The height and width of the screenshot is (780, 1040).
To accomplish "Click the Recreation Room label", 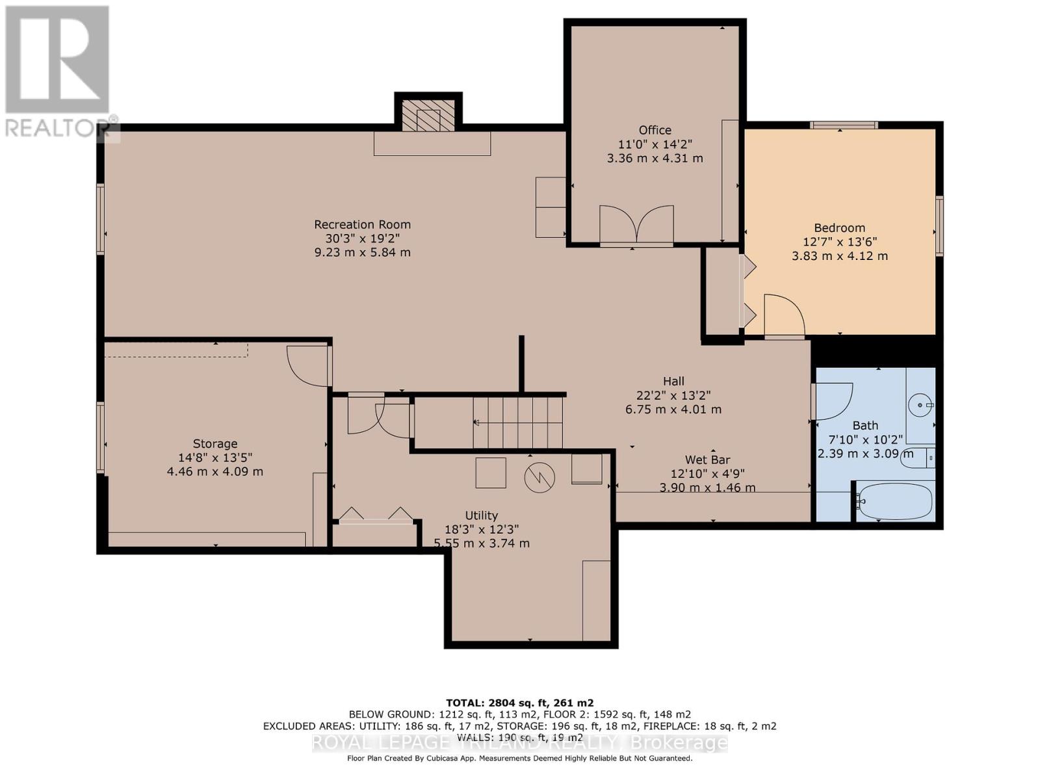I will pyautogui.click(x=362, y=224).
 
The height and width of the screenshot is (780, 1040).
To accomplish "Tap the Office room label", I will pyautogui.click(x=655, y=130).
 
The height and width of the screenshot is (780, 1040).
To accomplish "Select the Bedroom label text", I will pyautogui.click(x=839, y=227).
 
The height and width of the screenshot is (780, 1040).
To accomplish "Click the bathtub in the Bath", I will pyautogui.click(x=895, y=500).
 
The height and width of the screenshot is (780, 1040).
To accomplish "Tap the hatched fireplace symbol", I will pyautogui.click(x=428, y=117).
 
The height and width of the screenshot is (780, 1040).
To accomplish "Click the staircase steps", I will pyautogui.click(x=517, y=422).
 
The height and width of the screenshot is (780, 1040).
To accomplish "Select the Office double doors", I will pyautogui.click(x=636, y=224).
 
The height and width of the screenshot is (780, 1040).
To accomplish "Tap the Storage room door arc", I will pyautogui.click(x=307, y=365).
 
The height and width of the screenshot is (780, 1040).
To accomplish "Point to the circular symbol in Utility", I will pyautogui.click(x=540, y=478).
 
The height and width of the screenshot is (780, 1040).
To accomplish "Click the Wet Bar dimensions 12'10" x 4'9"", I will pyautogui.click(x=707, y=474).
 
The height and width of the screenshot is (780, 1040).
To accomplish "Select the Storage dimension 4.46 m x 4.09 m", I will pyautogui.click(x=215, y=471).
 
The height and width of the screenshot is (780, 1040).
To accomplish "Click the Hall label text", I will pyautogui.click(x=673, y=381).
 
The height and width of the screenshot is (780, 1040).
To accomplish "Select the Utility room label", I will pyautogui.click(x=481, y=515).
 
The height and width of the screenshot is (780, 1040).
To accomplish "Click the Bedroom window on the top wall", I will pyautogui.click(x=843, y=125).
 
